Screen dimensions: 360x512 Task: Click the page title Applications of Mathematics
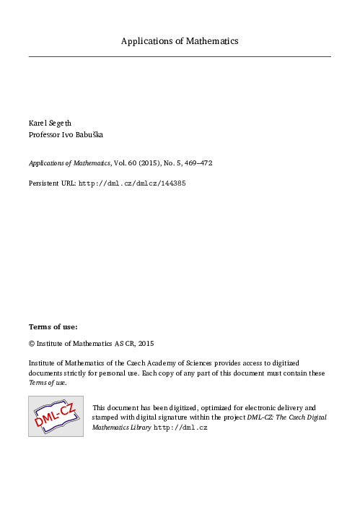pos(180,41)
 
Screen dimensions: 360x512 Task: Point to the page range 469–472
pos(198,163)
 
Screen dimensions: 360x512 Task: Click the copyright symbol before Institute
pos(32,344)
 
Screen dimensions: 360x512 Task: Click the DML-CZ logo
pos(56,416)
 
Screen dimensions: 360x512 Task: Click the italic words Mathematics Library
pos(122,428)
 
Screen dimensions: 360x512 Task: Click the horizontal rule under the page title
pos(180,56)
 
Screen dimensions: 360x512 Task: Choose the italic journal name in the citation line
pos(64,163)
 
